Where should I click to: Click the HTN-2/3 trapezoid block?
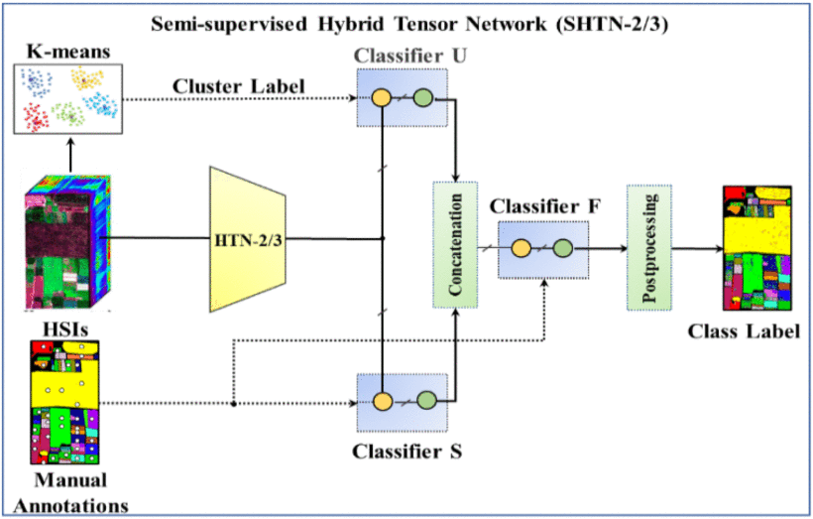[x=248, y=238]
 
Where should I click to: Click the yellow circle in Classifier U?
[x=381, y=99]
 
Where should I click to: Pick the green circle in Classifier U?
[x=422, y=99]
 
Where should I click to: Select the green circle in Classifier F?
[x=564, y=249]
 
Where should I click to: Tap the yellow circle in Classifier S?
[x=381, y=403]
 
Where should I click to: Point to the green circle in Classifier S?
[x=425, y=403]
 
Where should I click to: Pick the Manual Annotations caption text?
[x=68, y=493]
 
